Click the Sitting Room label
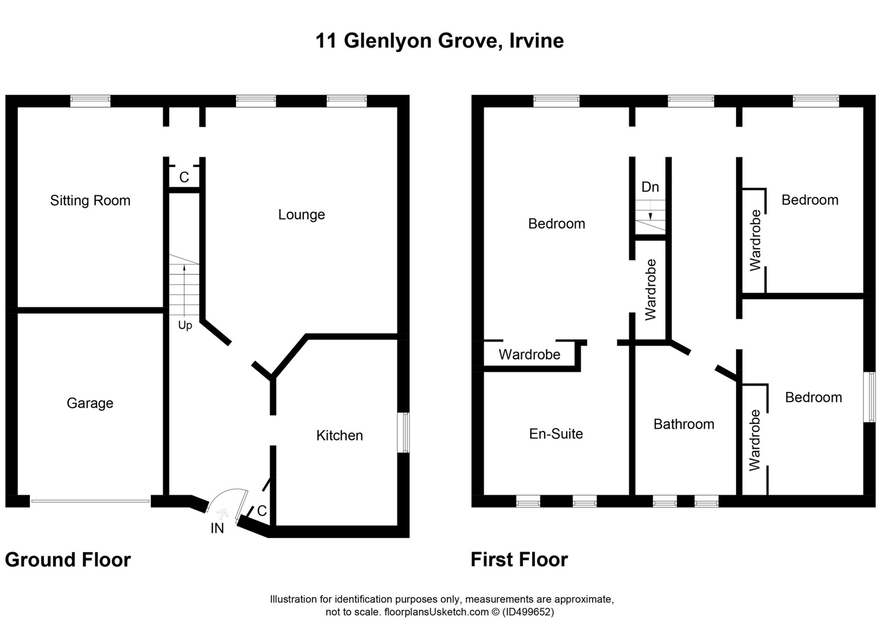point(90,201)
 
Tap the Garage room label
point(90,403)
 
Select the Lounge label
point(301,215)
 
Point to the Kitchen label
point(339,435)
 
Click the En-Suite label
point(556,434)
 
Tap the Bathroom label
point(683,424)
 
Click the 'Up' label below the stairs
point(185,325)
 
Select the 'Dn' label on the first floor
point(650,187)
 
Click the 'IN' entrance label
point(217,528)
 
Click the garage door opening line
point(90,501)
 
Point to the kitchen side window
point(404,432)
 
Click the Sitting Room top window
point(90,100)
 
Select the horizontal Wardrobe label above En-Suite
point(529,354)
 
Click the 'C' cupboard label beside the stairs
point(184,177)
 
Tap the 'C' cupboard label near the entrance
point(262,511)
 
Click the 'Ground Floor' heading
point(68,560)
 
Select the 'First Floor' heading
point(519,560)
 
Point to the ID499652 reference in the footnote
point(528,612)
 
